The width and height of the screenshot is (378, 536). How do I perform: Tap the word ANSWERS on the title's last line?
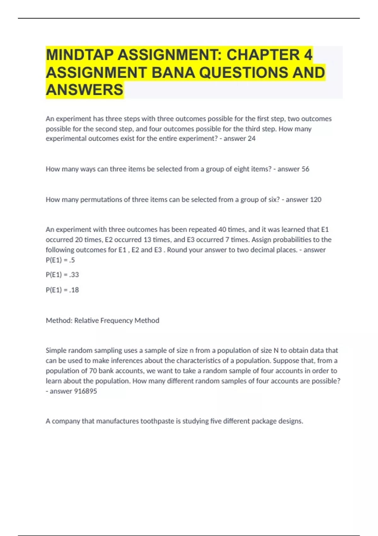[84, 90]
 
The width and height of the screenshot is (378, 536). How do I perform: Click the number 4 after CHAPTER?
[308, 55]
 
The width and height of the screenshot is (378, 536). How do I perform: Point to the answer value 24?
[251, 139]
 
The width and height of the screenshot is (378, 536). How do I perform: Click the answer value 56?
[305, 169]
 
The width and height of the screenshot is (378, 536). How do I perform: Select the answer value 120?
[316, 200]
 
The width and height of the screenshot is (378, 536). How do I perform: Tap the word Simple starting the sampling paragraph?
[56, 351]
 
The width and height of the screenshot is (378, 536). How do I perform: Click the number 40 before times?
[222, 230]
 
